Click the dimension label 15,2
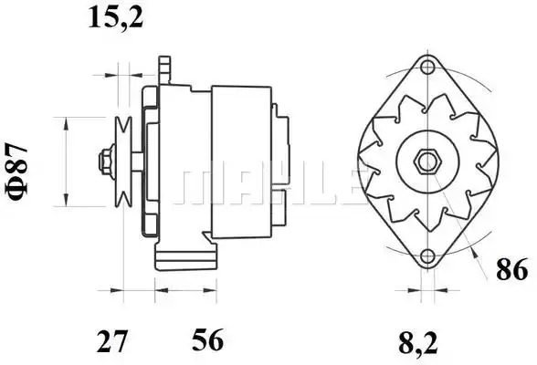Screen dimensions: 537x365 pyautogui.click(x=116, y=17)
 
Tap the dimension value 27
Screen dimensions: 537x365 pyautogui.click(x=112, y=341)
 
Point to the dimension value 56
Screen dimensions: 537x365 pyautogui.click(x=208, y=340)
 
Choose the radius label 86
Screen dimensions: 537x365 pyautogui.click(x=512, y=269)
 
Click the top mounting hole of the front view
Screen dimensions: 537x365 pyautogui.click(x=427, y=67)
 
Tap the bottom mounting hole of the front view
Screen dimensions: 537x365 pyautogui.click(x=427, y=256)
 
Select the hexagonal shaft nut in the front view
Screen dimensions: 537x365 pyautogui.click(x=427, y=162)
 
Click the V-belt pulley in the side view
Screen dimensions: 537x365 pyautogui.click(x=123, y=162)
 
